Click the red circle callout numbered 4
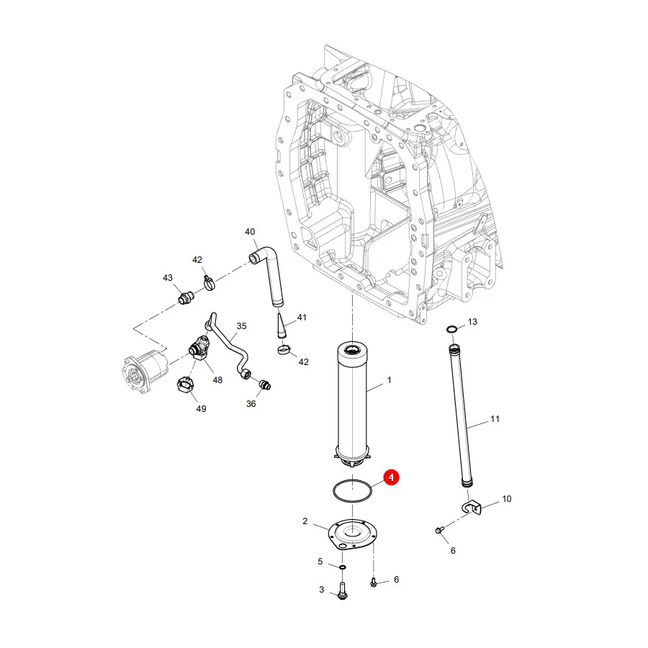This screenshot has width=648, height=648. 391,477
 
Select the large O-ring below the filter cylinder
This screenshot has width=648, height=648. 334,490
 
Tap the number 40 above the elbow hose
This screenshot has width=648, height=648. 250,232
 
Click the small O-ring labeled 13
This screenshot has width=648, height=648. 452,329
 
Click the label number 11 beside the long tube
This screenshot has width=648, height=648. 495,419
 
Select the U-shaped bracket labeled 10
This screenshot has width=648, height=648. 472,508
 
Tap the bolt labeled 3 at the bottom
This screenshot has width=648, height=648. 342,590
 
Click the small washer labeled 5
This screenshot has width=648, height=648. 343,567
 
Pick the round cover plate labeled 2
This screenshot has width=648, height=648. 352,534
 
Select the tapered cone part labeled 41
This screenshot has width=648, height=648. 282,325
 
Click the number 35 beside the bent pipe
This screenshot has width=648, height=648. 241,326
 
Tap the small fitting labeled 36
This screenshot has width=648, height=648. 265,384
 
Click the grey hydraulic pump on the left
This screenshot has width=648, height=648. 145,370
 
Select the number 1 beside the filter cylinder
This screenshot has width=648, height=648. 389,380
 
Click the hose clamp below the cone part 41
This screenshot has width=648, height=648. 284,351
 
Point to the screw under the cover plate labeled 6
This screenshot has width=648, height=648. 373,582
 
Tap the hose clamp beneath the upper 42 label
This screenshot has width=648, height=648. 210,283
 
